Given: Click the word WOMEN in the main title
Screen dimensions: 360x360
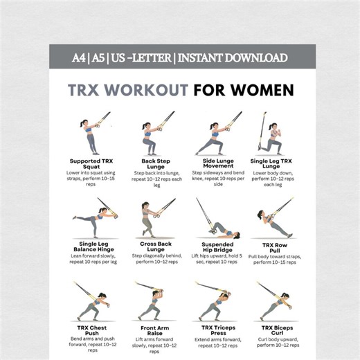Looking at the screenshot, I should coord(262,90).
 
